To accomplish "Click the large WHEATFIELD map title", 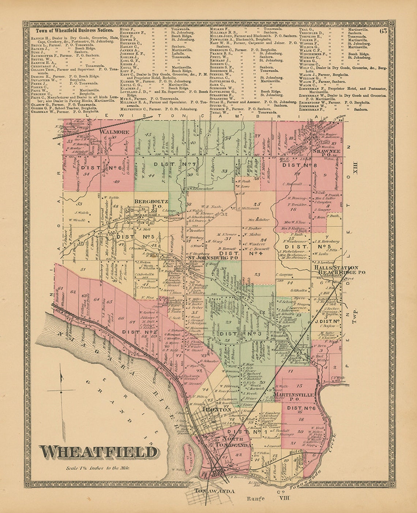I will click(x=99, y=452).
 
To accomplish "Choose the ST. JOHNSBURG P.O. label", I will click(x=213, y=257).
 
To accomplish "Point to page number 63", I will click(x=383, y=31).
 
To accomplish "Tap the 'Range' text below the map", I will click(x=255, y=498).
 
